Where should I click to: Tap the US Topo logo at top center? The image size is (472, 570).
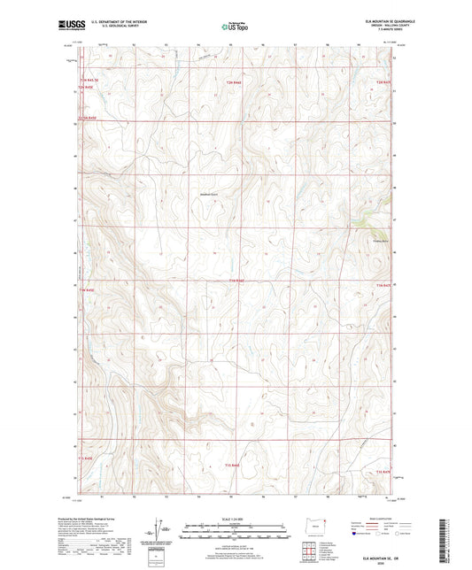coord(235,27)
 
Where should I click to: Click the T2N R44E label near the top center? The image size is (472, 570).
coord(231,82)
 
